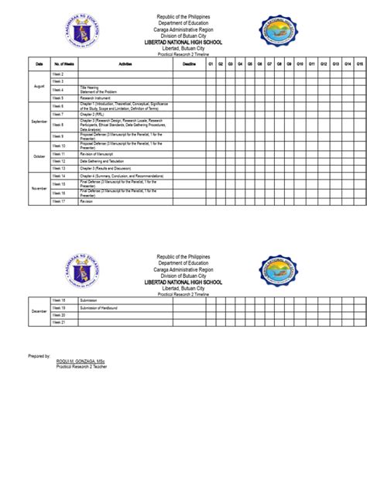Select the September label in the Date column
(x=39, y=122)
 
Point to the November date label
(x=39, y=188)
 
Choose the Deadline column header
(x=189, y=63)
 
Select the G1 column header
(x=211, y=63)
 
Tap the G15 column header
(x=360, y=63)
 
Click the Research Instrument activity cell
(x=98, y=98)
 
